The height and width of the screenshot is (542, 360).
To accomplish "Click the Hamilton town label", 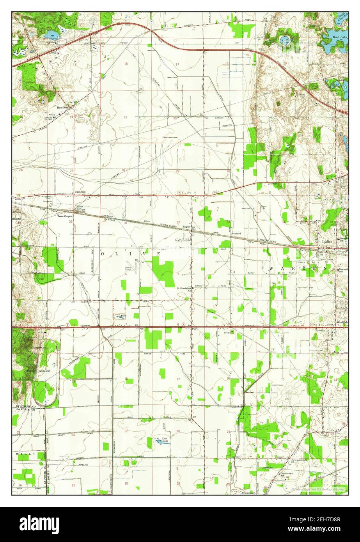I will click(62, 107).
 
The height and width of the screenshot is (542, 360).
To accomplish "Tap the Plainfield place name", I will click(80, 192).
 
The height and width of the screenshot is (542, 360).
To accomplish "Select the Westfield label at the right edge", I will click(342, 322).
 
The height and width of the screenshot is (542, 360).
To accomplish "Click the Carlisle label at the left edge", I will click(18, 208).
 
